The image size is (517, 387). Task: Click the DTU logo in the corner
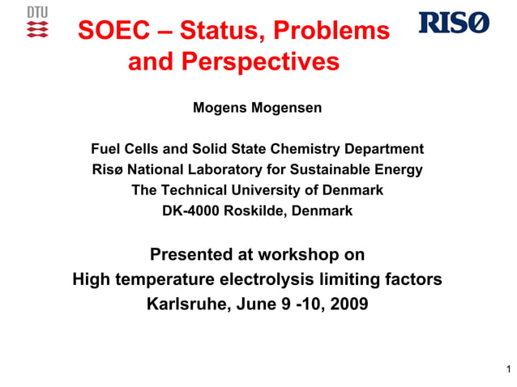pos(37,23)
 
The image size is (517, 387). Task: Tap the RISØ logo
pos(454,23)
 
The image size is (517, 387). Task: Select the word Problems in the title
pos(331,32)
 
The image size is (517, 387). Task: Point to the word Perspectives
pos(259,62)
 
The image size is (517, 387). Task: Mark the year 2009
pos(344,305)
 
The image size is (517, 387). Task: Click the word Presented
pos(190,255)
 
